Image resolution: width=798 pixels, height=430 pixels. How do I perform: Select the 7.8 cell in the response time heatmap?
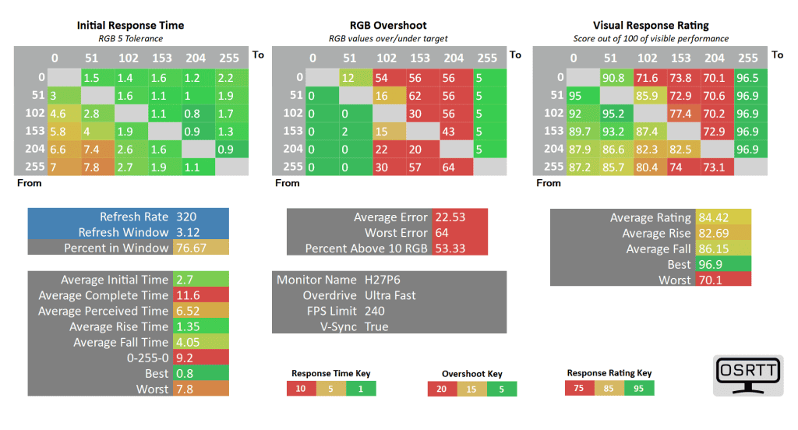pos(91,167)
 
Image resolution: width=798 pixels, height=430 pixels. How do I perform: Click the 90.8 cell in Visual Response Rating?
pos(614,77)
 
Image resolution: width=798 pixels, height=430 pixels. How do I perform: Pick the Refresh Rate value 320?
pos(187,217)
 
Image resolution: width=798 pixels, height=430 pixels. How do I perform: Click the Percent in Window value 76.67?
pos(191,248)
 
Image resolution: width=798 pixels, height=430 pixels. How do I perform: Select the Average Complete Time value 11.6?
pos(186,295)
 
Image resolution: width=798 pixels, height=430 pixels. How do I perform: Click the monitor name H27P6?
pos(383,280)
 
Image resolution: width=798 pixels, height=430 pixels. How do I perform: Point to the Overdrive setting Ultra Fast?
pos(390,295)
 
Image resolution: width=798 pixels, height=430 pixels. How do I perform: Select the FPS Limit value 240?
pos(375,311)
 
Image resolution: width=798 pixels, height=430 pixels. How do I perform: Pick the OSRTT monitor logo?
pos(748,377)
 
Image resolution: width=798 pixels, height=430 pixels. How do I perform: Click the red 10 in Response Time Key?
pos(301,389)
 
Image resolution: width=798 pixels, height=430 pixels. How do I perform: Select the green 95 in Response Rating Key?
pos(639,388)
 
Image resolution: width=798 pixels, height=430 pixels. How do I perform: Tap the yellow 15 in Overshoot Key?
pos(472,389)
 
